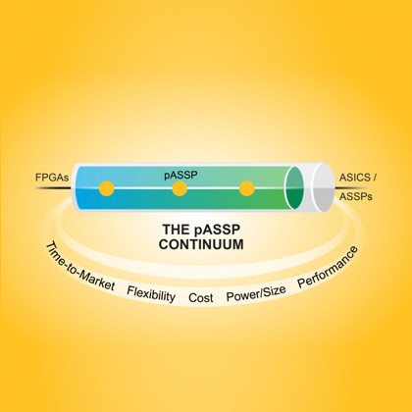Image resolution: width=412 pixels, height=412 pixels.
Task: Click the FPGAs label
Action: pyautogui.click(x=52, y=178)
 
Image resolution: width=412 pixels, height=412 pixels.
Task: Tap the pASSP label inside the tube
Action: pyautogui.click(x=180, y=175)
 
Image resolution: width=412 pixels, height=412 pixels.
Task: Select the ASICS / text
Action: pyautogui.click(x=358, y=178)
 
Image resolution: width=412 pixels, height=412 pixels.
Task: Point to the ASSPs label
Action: pyautogui.click(x=356, y=196)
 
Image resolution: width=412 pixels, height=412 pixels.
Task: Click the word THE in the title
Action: pyautogui.click(x=176, y=230)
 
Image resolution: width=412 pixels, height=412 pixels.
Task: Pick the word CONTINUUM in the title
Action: pyautogui.click(x=201, y=244)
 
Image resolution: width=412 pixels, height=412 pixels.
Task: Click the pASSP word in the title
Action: pyautogui.click(x=217, y=231)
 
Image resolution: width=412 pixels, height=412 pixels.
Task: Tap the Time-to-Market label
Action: pyautogui.click(x=79, y=268)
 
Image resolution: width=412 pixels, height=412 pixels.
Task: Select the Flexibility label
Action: pyautogui.click(x=151, y=293)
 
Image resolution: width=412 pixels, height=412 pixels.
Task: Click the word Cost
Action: pyautogui.click(x=201, y=298)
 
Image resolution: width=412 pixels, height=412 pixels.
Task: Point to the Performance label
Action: pyautogui.click(x=328, y=268)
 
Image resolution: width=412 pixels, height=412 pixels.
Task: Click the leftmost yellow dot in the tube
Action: pyautogui.click(x=107, y=188)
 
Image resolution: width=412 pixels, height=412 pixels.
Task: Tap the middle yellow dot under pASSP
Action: pyautogui.click(x=180, y=188)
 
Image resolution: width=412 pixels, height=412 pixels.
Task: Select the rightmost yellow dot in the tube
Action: pyautogui.click(x=247, y=188)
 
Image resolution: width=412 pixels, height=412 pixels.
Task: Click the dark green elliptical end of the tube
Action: pyautogui.click(x=293, y=187)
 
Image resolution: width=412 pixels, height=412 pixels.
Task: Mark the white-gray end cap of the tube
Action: pyautogui.click(x=324, y=187)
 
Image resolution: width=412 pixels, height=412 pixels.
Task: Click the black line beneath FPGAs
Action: pyautogui.click(x=52, y=188)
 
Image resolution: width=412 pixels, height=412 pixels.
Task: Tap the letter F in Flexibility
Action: pyautogui.click(x=129, y=290)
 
